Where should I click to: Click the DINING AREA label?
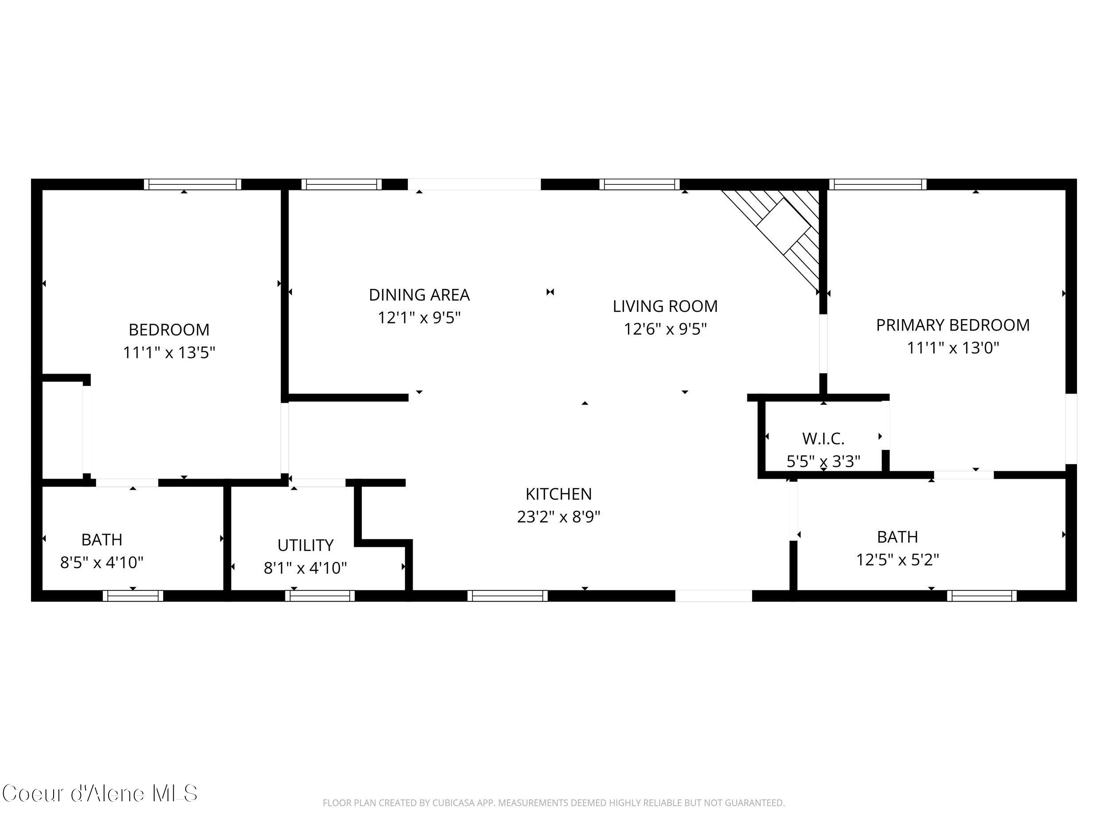coord(419,295)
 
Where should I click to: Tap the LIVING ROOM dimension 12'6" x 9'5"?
coord(665,329)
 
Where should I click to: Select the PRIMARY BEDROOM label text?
coord(952,325)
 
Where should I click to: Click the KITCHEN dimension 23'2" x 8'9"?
coord(558,516)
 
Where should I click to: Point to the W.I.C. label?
coord(823,439)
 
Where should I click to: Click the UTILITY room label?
coord(305,545)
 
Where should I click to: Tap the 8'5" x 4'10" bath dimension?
coord(101,562)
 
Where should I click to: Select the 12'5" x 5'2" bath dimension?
coord(897,559)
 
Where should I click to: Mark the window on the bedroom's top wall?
coord(192,184)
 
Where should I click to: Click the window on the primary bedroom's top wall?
coord(877,184)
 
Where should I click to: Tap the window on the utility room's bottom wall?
coord(320,596)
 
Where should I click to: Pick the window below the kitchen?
coord(507,596)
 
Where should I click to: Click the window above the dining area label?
coord(341,184)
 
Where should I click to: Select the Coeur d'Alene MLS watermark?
coord(100,794)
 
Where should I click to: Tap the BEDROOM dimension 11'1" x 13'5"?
coord(169,353)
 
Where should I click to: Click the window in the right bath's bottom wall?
coord(981,596)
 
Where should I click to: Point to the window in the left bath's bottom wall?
coord(133,596)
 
